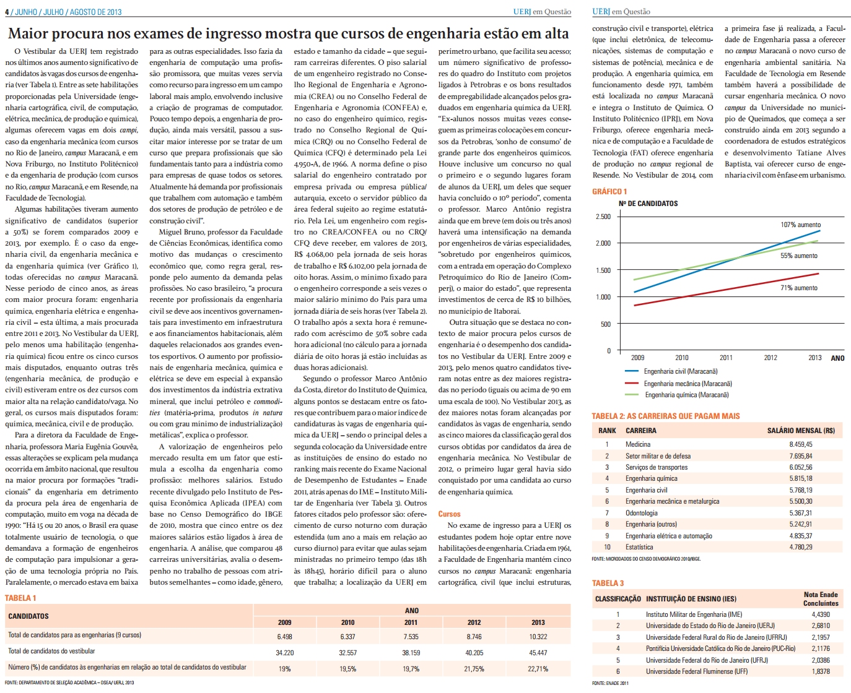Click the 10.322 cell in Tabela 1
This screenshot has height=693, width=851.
pos(538,637)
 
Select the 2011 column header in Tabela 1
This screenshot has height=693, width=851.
pos(411,622)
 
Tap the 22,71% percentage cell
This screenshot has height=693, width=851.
pos(538,669)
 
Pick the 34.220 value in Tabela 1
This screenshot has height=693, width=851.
pos(284,653)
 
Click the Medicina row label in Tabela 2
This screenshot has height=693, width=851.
pos(638,444)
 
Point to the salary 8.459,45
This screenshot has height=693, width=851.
pos(801,444)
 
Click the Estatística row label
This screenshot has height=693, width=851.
pos(639,547)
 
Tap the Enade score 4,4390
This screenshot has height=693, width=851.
pos(821,614)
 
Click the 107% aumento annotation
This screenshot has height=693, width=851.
pos(801,225)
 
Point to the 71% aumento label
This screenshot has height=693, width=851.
pos(799,288)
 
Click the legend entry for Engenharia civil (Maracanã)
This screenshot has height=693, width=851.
pos(671,371)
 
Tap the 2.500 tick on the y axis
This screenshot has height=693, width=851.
pos(603,217)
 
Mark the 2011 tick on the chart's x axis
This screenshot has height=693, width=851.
pos(726,358)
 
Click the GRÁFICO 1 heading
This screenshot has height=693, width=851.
pos(609,192)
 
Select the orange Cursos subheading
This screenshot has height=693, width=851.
pos(449,514)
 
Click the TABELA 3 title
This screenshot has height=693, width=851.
pos(608,583)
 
